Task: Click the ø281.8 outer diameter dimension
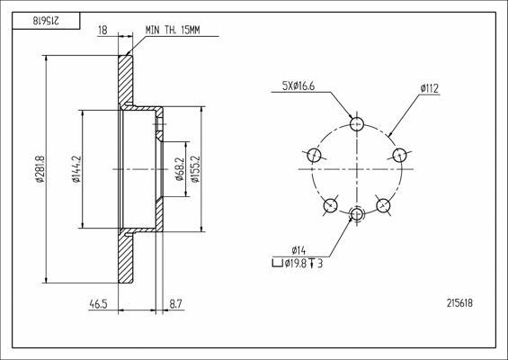point(40,169)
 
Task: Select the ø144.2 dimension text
point(76,169)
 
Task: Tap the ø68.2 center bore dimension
point(180,169)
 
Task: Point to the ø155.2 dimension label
point(195,169)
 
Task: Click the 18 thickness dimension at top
point(102,31)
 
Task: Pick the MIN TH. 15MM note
point(173,31)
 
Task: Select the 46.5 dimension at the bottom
point(98,304)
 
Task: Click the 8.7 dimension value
point(176,304)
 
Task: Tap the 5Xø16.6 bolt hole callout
point(299,85)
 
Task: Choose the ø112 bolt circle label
point(430,88)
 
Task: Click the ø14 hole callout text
point(299,251)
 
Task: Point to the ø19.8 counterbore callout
point(297,264)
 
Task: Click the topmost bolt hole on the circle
point(357,124)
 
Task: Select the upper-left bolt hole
point(314,155)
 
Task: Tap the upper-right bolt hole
point(400,155)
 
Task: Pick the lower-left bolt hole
point(331,205)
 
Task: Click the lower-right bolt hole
point(383,205)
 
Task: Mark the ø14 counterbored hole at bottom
point(357,214)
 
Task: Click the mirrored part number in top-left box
point(46,21)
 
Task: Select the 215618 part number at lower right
point(459,303)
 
